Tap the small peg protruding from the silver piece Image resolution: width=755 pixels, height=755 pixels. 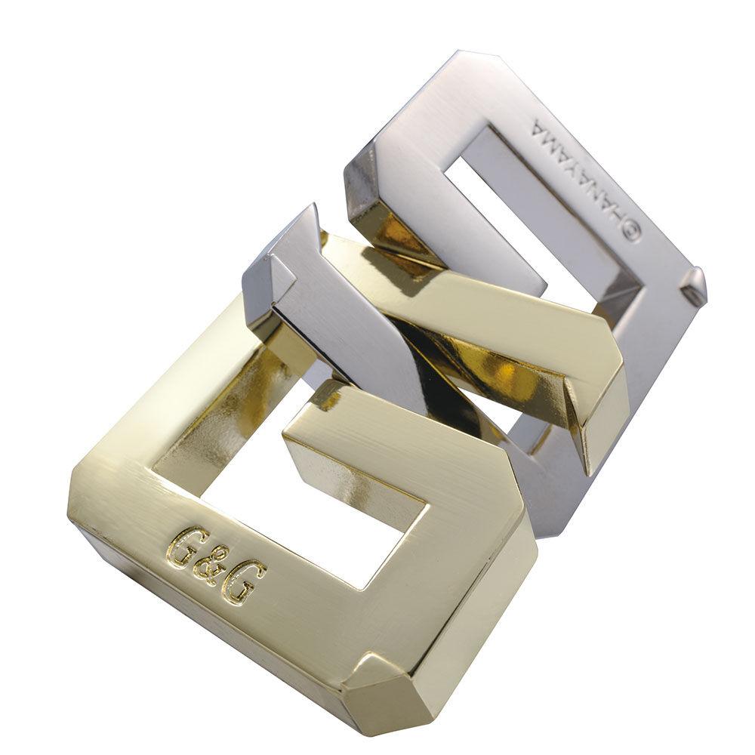coord(692,285)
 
